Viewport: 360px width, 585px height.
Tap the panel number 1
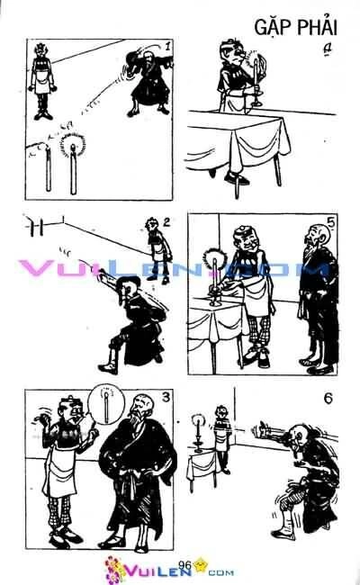(167, 46)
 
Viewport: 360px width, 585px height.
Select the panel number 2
(166, 221)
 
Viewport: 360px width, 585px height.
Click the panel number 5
(330, 223)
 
